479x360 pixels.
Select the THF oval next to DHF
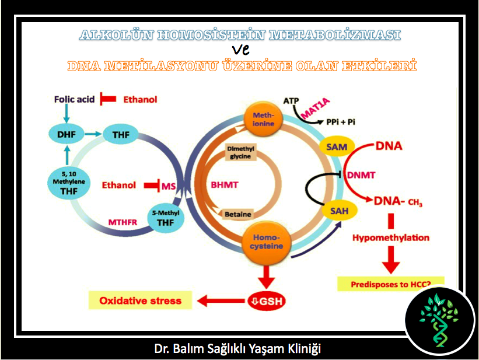[x=120, y=135]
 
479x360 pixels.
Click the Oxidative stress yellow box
[x=140, y=301]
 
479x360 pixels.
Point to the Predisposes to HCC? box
[x=391, y=285]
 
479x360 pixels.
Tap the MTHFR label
[x=123, y=222]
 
